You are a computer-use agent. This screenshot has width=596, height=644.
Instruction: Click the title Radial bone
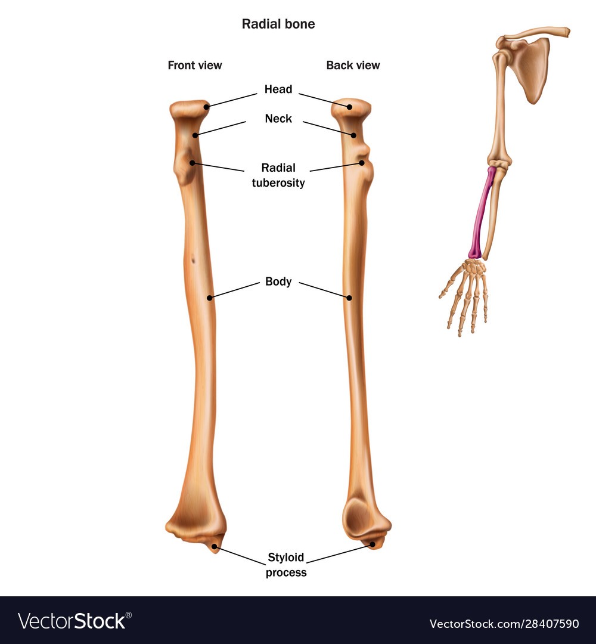(x=278, y=24)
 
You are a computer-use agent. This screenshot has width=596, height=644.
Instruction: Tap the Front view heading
(x=194, y=66)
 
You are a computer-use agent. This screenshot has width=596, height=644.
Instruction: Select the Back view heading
(x=353, y=66)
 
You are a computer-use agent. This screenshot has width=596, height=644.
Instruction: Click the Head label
(x=278, y=89)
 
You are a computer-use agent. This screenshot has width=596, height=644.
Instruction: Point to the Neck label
(x=278, y=119)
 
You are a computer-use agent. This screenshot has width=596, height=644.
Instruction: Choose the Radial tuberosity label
(x=278, y=175)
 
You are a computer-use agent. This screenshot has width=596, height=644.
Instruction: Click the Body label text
(x=278, y=281)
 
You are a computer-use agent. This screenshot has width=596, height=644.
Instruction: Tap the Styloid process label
(x=286, y=565)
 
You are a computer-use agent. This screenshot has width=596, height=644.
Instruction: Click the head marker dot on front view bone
(x=206, y=107)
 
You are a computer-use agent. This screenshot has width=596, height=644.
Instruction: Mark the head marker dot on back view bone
(x=350, y=107)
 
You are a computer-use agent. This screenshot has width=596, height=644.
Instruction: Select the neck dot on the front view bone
(x=195, y=135)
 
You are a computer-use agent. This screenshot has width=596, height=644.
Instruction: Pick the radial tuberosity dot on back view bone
(x=362, y=163)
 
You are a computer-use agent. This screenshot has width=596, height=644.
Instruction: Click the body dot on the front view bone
(x=209, y=298)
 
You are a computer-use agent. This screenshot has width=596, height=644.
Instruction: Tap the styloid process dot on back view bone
(x=372, y=544)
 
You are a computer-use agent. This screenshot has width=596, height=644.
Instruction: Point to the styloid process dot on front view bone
(x=214, y=546)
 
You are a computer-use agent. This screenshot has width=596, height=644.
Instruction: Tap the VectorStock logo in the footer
(x=74, y=621)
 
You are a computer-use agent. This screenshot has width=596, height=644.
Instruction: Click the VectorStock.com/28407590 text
(x=504, y=624)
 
